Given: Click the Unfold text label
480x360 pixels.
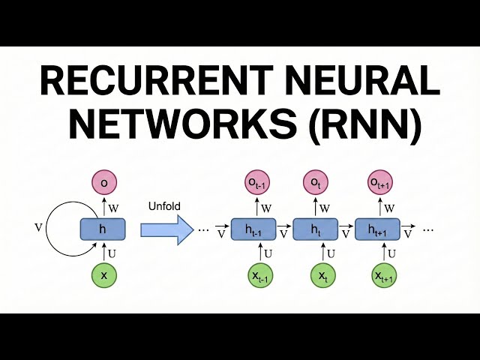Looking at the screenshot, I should (164, 206).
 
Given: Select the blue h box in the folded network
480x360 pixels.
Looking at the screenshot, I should (103, 229).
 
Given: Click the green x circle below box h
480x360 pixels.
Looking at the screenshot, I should (103, 275).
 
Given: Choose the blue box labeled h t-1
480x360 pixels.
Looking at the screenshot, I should (253, 229).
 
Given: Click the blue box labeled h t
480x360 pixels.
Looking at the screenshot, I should (314, 229).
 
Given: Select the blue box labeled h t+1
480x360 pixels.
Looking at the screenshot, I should (376, 229).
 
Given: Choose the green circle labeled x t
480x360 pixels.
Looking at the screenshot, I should (322, 276).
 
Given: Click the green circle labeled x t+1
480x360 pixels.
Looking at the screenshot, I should (384, 276).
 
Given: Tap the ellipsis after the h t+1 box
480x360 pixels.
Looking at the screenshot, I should (428, 229).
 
